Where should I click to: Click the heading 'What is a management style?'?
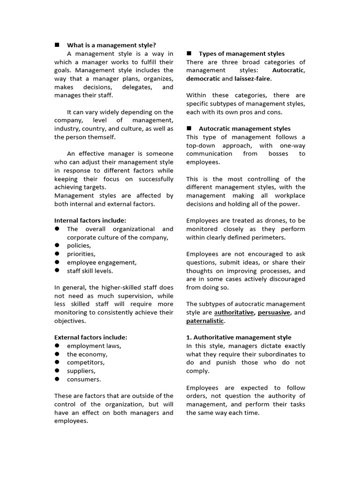tap(111, 45)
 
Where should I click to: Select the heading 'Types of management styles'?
tap(241, 54)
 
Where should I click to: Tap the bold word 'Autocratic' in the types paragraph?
tap(288, 70)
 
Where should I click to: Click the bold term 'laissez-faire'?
tap(256, 79)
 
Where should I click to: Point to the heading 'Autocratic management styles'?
tap(244, 128)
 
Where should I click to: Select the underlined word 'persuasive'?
tap(274, 313)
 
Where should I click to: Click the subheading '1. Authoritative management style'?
tap(239, 337)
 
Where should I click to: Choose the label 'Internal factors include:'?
tap(90, 220)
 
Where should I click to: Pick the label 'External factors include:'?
tap(90, 337)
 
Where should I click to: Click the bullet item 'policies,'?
tap(79, 246)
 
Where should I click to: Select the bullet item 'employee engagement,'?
tap(102, 262)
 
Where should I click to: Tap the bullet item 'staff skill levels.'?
tap(90, 271)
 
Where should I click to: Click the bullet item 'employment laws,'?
tap(94, 346)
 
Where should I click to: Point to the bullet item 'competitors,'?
tap(86, 362)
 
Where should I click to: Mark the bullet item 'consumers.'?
tap(84, 379)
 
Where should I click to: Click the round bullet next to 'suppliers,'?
tap(57, 371)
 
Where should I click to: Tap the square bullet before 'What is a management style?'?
tap(57, 45)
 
